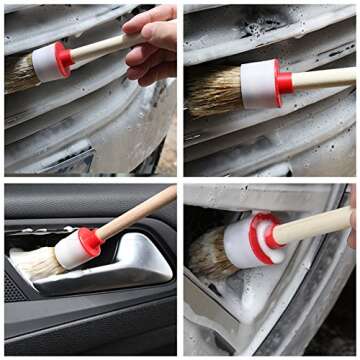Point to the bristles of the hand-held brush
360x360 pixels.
[20, 75]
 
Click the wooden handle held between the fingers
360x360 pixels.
[100, 45]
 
